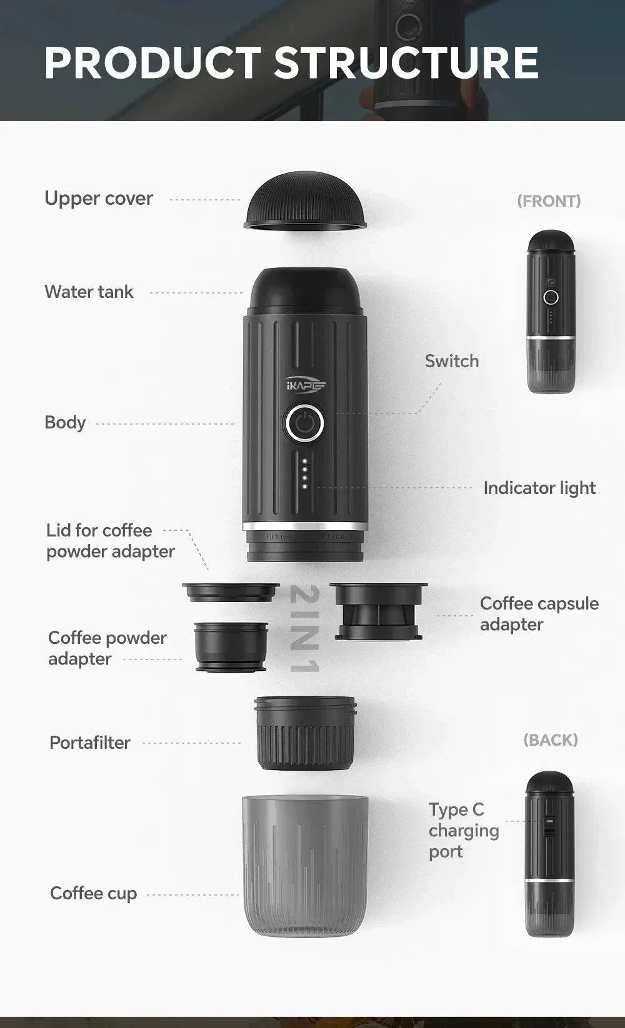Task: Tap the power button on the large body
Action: tap(304, 423)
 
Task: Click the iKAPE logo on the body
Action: tap(306, 386)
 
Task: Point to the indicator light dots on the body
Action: tap(304, 474)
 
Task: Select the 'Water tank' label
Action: tap(89, 292)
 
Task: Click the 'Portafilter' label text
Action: tap(90, 743)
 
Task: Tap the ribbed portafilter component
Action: tap(305, 734)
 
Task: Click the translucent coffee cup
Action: tap(305, 865)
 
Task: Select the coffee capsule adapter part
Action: tap(378, 611)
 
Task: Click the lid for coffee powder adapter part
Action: tap(231, 591)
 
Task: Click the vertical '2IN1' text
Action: tap(305, 629)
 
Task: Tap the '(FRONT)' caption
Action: tap(549, 201)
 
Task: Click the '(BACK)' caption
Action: tap(550, 740)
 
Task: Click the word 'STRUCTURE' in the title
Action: tap(406, 63)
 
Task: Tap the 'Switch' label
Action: tap(452, 361)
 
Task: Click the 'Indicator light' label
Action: tap(539, 488)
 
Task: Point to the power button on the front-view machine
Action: tap(551, 297)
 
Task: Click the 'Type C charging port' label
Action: tap(464, 831)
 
